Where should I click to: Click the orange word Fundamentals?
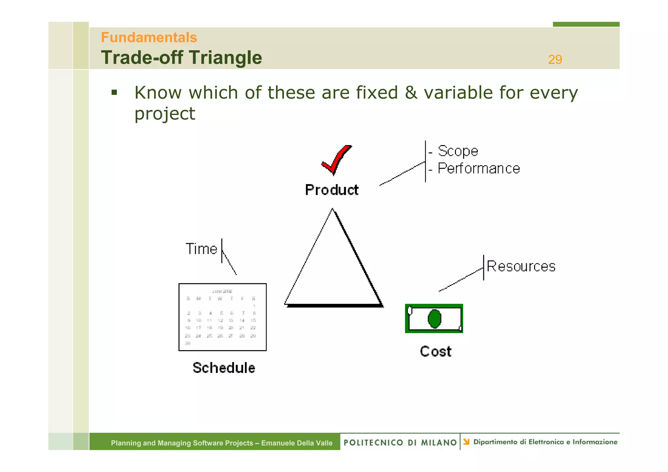click(149, 37)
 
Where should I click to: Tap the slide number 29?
click(555, 60)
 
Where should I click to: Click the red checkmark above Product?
click(336, 160)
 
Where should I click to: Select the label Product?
click(331, 190)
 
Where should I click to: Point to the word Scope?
click(458, 151)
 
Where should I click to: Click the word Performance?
click(478, 169)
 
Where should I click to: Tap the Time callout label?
click(201, 249)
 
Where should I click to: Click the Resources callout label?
click(521, 267)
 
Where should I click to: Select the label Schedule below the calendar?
click(224, 368)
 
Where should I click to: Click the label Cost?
click(435, 352)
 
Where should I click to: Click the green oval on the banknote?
click(434, 319)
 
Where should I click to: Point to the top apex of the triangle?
click(332, 210)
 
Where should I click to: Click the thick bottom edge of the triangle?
click(334, 305)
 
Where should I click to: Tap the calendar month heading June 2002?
click(222, 291)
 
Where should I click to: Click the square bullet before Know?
click(114, 93)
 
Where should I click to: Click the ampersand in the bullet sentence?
click(411, 93)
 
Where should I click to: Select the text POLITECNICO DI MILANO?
click(400, 443)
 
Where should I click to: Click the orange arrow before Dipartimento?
click(466, 442)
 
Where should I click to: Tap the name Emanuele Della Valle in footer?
click(296, 443)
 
